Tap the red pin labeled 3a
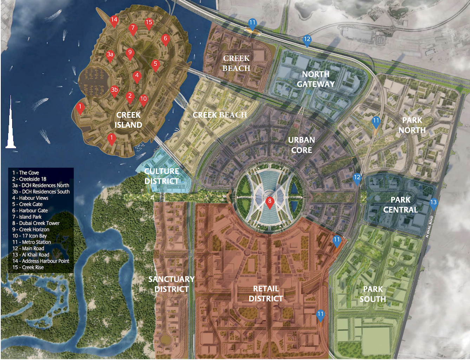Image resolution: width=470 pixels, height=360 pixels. click(x=110, y=55)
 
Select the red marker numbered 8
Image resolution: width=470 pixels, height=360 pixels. click(x=270, y=202)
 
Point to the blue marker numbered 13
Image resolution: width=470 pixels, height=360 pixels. click(x=433, y=203)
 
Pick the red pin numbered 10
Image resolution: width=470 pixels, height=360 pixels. click(x=143, y=99)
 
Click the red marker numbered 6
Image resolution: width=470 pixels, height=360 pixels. click(x=165, y=39)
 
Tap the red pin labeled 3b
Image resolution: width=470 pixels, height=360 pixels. click(x=114, y=90)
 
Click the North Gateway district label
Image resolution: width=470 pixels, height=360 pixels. click(x=315, y=79)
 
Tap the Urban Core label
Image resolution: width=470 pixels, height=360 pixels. click(x=301, y=145)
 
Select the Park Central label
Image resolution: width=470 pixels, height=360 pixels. click(x=400, y=205)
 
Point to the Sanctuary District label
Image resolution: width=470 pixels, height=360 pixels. click(x=171, y=284)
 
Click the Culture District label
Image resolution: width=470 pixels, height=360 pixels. click(x=162, y=176)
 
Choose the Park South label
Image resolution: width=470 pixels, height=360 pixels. click(x=373, y=294)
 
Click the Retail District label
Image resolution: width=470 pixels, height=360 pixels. click(x=266, y=294)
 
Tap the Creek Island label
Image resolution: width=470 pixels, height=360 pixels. click(x=128, y=120)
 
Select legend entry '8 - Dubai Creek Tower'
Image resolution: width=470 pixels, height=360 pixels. click(x=36, y=223)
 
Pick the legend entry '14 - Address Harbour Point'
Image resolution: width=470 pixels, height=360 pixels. click(x=41, y=261)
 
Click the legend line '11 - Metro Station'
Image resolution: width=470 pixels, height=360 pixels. click(x=32, y=242)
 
